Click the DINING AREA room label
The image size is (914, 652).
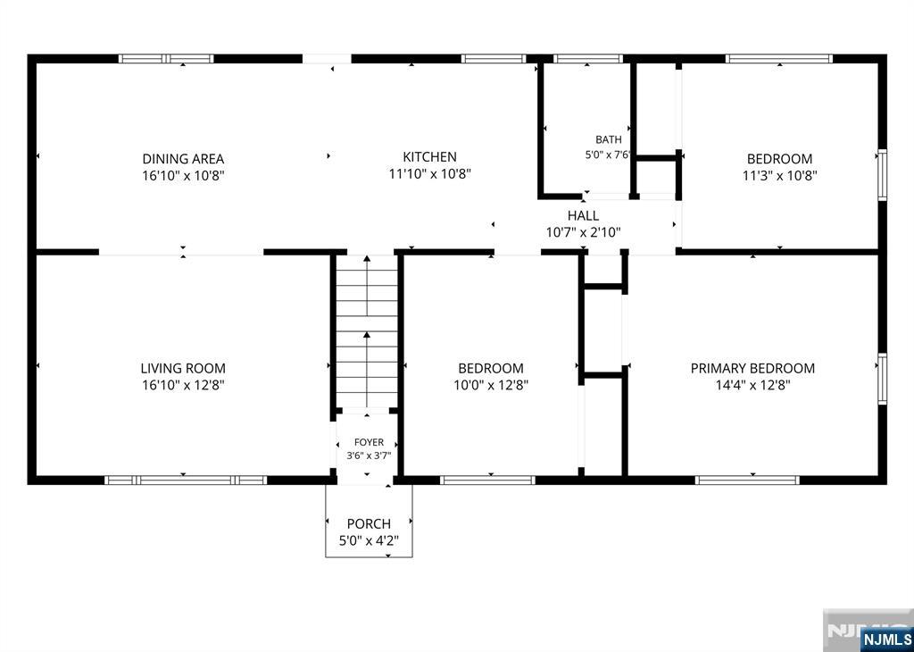click(183, 159)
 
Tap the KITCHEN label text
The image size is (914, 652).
click(429, 157)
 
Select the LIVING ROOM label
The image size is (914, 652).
click(183, 368)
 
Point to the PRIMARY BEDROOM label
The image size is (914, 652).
click(752, 368)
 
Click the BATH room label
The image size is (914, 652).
click(609, 140)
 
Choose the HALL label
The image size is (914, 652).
click(583, 216)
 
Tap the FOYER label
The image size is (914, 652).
click(369, 443)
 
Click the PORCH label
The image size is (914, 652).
click(369, 523)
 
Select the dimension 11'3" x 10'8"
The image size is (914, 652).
click(779, 176)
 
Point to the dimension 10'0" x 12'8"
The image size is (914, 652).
click(491, 385)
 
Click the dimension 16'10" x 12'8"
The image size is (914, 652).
click(183, 385)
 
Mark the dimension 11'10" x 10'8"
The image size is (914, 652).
click(429, 174)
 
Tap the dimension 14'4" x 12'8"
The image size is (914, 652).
click(752, 385)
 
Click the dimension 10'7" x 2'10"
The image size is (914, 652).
click(583, 233)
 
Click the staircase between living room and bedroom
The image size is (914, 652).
click(367, 332)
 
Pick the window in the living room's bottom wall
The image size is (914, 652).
click(186, 480)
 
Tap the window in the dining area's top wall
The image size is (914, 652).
click(166, 58)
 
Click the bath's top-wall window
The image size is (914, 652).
click(587, 58)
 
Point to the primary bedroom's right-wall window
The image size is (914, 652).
click(883, 379)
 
